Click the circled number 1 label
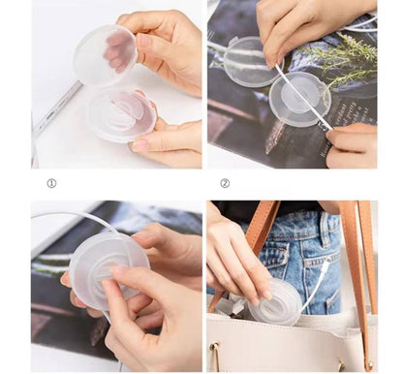pos(51,183)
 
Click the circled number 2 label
pos(225,183)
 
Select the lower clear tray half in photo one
pos(120,113)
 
